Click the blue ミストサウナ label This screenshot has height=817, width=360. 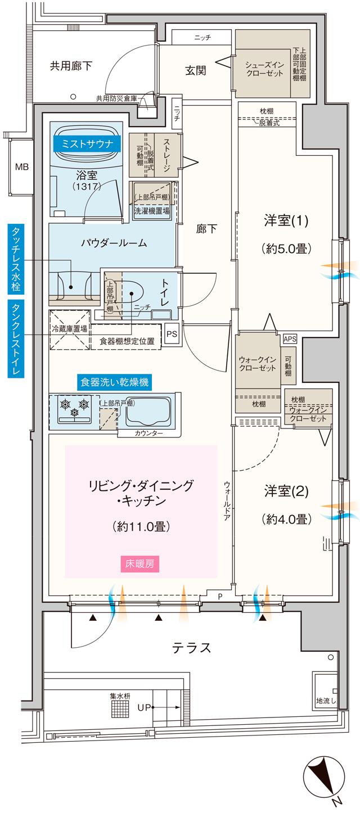click(x=87, y=143)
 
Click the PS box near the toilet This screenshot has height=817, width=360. click(x=171, y=333)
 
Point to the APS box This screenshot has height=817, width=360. click(x=290, y=338)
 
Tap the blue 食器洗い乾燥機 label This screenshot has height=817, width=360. click(x=114, y=382)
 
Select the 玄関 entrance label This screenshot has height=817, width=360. click(x=195, y=70)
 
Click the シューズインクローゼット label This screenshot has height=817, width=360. click(x=259, y=69)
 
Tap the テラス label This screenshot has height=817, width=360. click(x=191, y=648)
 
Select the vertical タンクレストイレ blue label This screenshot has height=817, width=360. click(x=15, y=332)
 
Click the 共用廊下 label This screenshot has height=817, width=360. click(x=71, y=66)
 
